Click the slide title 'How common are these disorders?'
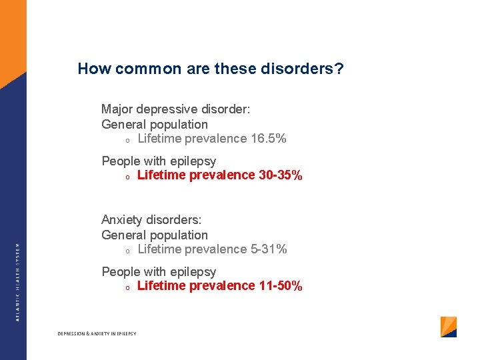click(x=211, y=69)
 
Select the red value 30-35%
click(x=280, y=175)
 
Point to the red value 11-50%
click(x=280, y=286)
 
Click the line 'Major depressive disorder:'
click(x=175, y=109)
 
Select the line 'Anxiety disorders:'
click(x=151, y=219)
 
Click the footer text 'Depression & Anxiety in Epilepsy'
click(x=97, y=333)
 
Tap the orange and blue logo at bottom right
click(x=449, y=327)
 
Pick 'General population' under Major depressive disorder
click(x=155, y=124)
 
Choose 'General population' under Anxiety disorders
click(x=155, y=235)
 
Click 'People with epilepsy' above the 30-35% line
click(x=159, y=161)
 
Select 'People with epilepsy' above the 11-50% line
click(x=159, y=271)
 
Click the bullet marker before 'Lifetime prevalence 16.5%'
click(x=127, y=140)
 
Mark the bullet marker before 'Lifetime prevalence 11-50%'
click(x=127, y=287)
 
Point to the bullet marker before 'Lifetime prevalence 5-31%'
click(x=127, y=251)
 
